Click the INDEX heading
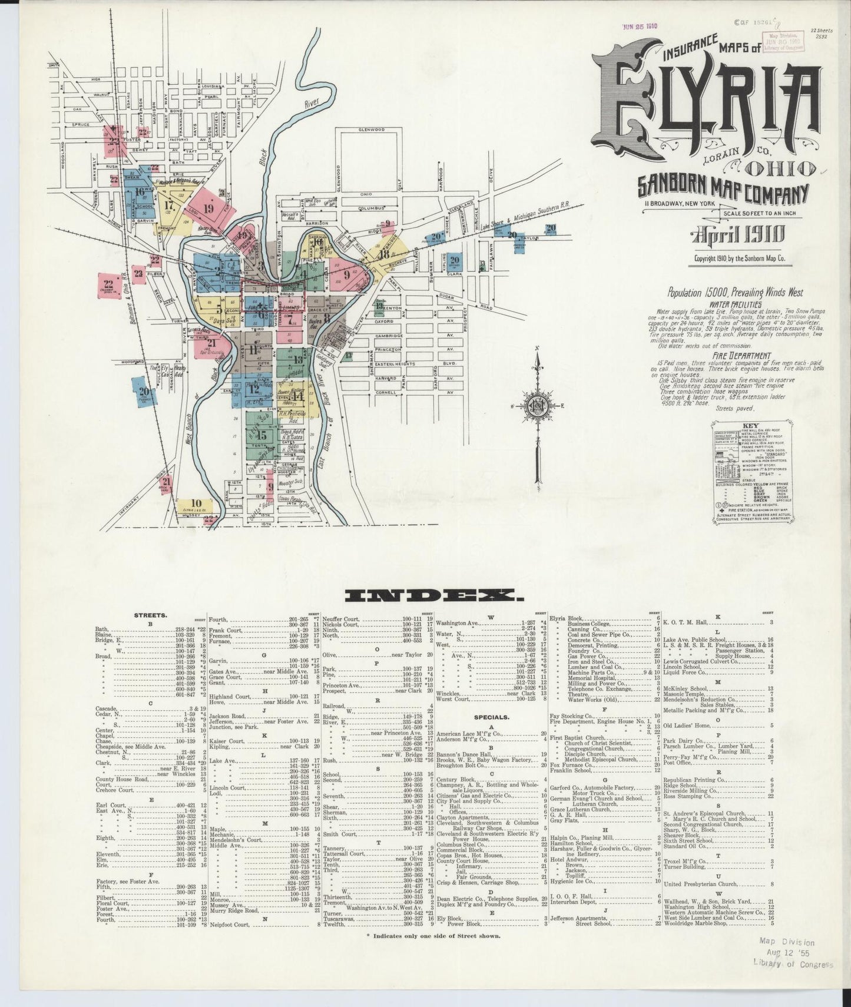tap(435, 596)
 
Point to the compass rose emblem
tap(538, 406)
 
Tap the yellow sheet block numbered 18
tap(386, 254)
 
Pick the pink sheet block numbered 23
tap(138, 273)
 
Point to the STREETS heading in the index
tap(151, 615)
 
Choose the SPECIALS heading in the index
tap(492, 717)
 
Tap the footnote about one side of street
tap(433, 952)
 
